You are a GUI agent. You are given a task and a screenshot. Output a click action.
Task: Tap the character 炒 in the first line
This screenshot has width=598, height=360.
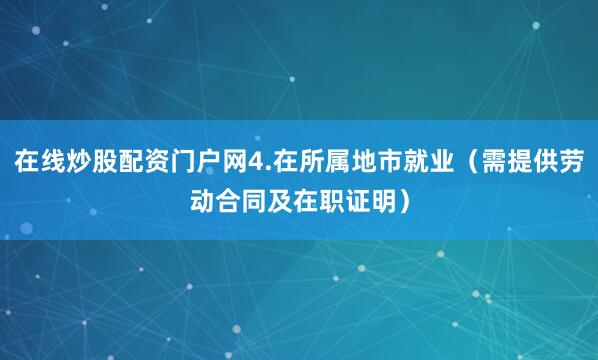click(x=79, y=160)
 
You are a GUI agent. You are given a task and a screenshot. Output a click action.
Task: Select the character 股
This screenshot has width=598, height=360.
click(x=106, y=160)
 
